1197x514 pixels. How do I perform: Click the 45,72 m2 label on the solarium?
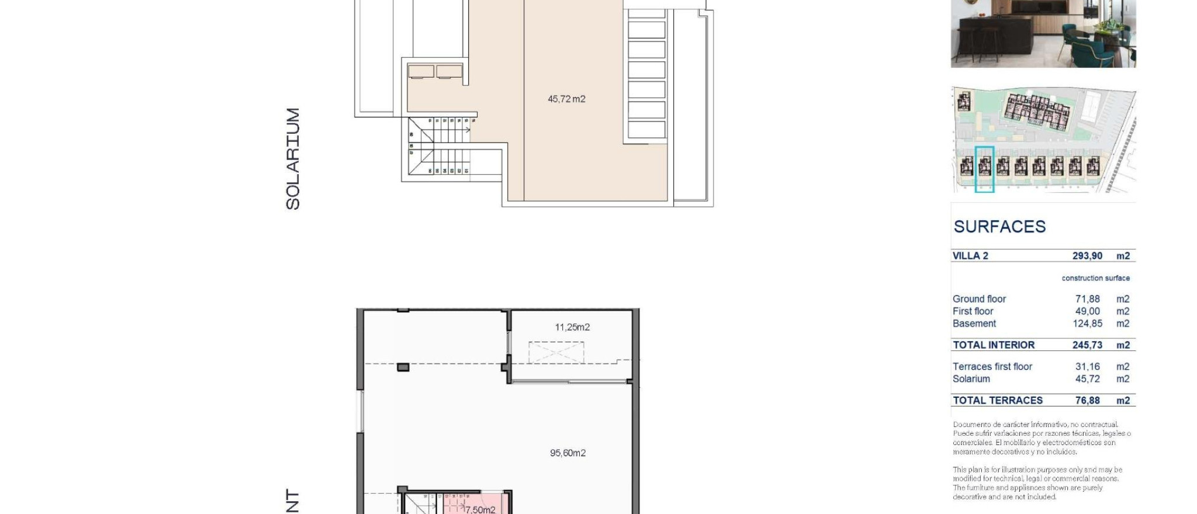[x=566, y=99]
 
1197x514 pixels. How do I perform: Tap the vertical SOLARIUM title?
[x=292, y=158]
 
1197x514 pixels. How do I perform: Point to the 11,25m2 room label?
[x=572, y=328]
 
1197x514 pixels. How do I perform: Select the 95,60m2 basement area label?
[x=568, y=453]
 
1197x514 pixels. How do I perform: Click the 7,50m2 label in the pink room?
[x=480, y=509]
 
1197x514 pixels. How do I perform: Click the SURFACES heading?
[x=999, y=227]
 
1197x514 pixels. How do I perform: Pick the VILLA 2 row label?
[x=970, y=256]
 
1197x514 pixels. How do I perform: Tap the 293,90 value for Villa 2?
[x=1087, y=256]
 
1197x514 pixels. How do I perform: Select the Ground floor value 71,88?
[x=1087, y=299]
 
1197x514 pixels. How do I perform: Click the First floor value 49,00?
[x=1087, y=311]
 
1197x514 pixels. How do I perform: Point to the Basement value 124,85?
[x=1087, y=324]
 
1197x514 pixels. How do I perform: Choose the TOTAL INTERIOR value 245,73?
[x=1087, y=345]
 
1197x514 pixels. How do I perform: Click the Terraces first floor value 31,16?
[x=1087, y=367]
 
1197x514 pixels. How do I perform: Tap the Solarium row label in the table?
[x=971, y=379]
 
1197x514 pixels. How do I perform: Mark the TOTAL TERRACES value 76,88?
[x=1087, y=401]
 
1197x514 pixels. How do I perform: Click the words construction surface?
[x=1095, y=278]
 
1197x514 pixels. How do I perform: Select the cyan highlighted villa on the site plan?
[x=985, y=169]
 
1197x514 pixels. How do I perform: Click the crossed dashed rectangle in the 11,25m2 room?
[x=556, y=353]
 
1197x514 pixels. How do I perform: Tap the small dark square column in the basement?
[x=403, y=367]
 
